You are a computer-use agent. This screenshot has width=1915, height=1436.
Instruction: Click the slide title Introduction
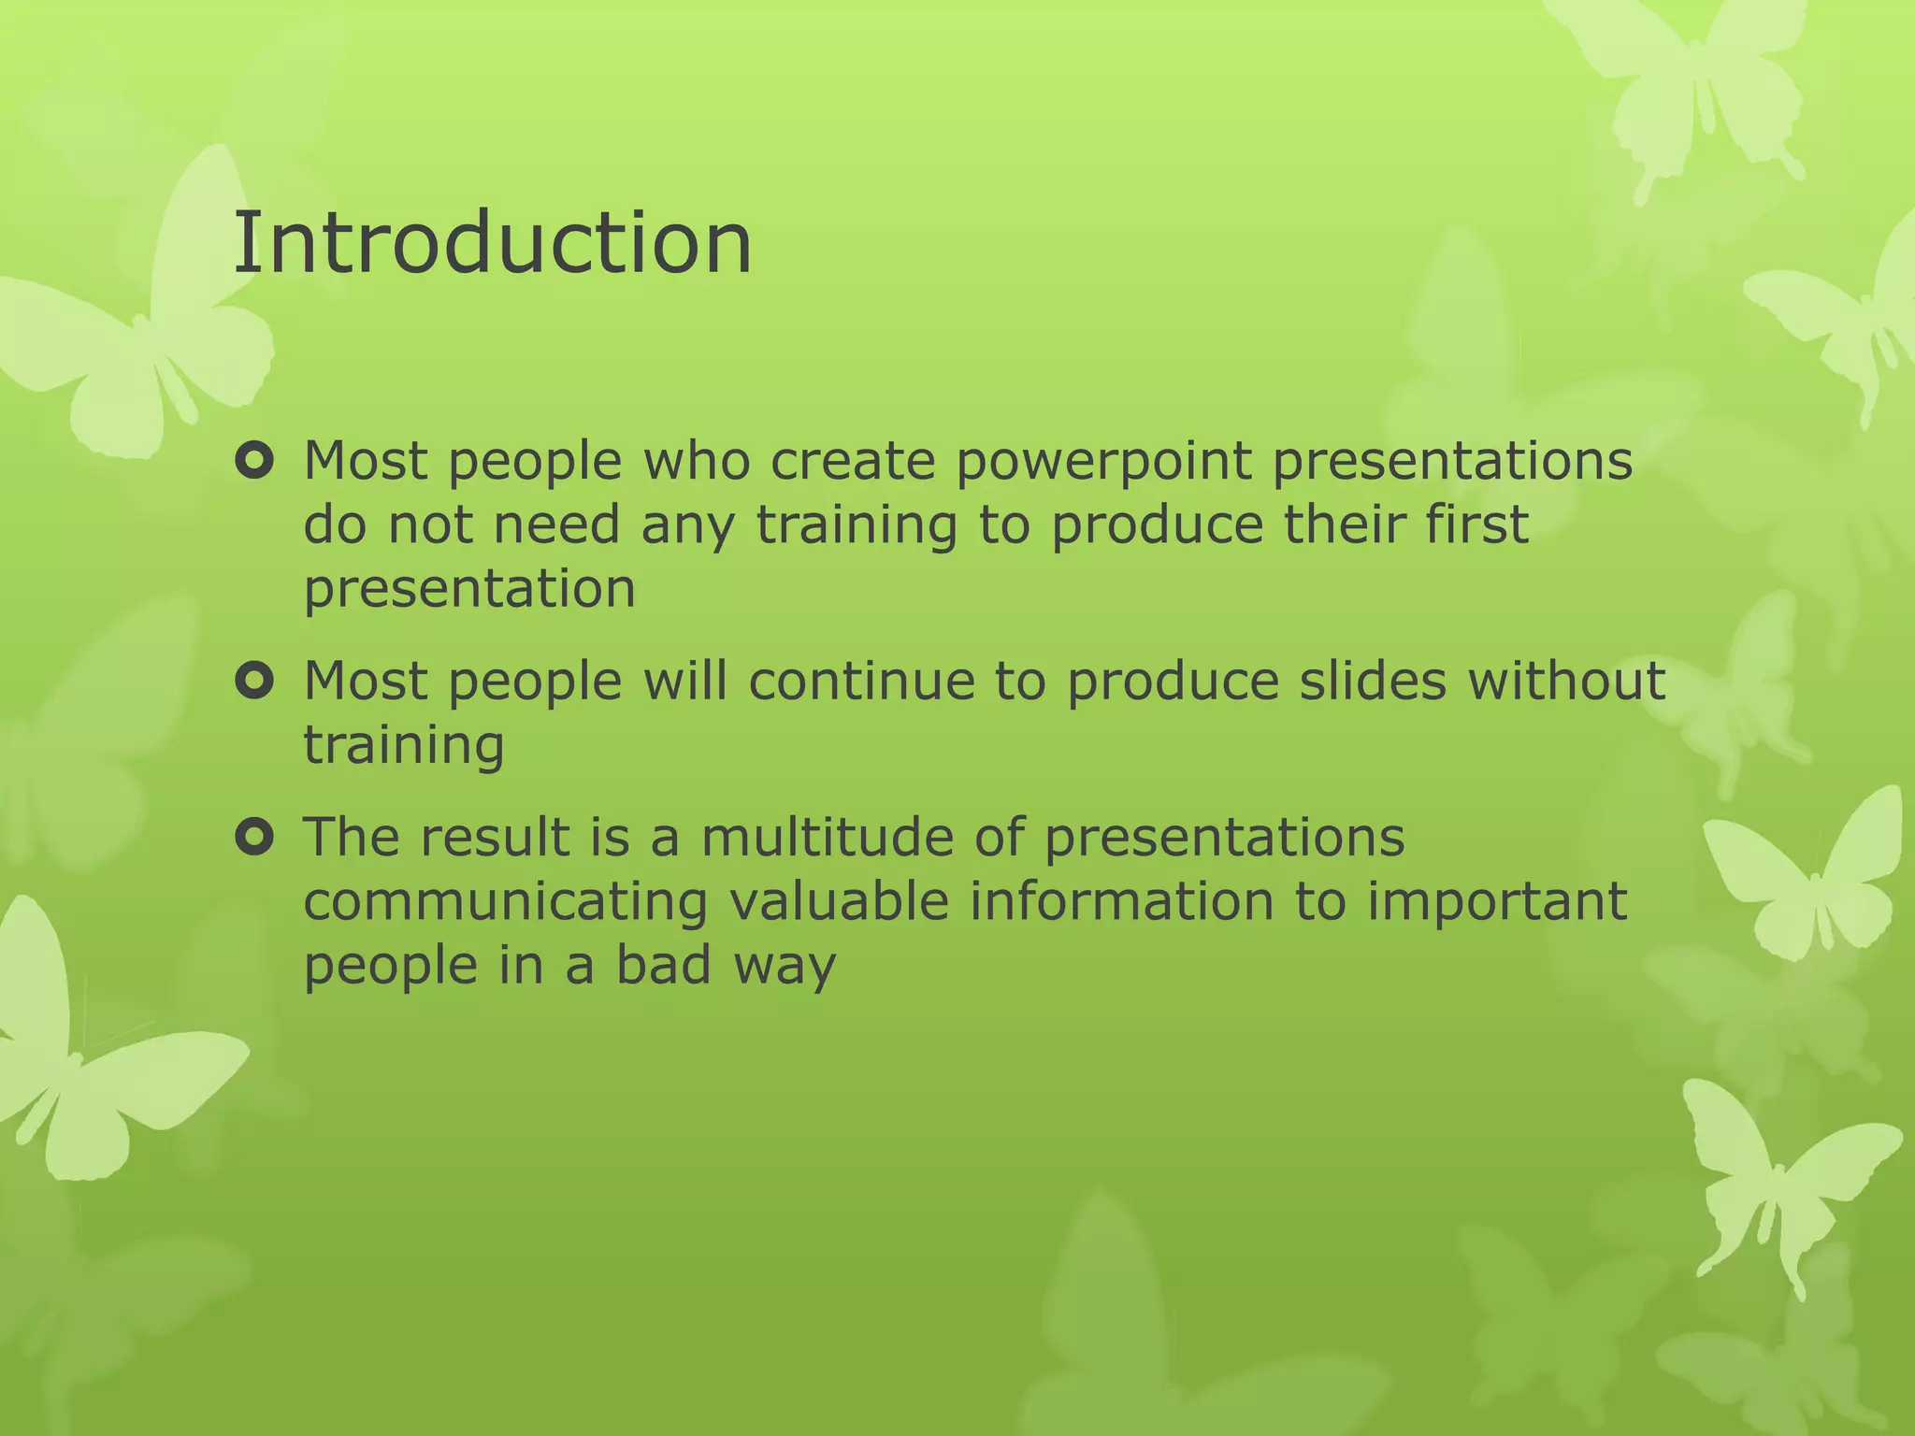coord(492,243)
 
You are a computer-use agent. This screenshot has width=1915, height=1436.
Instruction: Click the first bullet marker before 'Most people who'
coord(253,461)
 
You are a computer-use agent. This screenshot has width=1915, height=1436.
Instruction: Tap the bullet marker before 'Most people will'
coord(253,681)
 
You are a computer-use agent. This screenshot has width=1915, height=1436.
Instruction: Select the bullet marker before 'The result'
coord(253,837)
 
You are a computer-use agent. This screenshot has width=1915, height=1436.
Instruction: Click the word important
coord(1497,901)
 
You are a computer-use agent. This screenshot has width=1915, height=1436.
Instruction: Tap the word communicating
coord(506,901)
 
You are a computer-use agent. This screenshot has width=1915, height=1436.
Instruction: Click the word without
coord(1566,681)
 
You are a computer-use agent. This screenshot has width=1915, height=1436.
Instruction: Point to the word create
coord(852,463)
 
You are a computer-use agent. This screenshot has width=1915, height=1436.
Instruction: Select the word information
coord(1121,901)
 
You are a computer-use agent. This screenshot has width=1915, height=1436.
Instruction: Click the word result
coord(494,837)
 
